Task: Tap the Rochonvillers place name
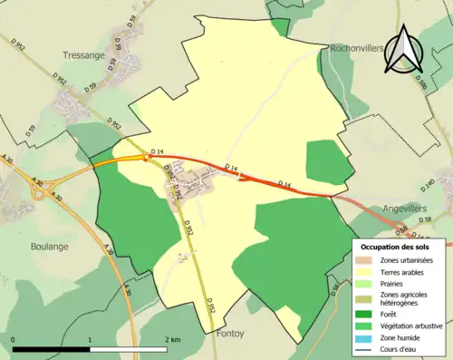pyautogui.click(x=359, y=48)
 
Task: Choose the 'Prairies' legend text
pyautogui.click(x=395, y=284)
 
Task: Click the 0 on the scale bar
pyautogui.click(x=14, y=339)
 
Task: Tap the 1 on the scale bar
pyautogui.click(x=90, y=339)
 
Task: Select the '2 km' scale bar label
pyautogui.click(x=173, y=339)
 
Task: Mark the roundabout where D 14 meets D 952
pyautogui.click(x=147, y=157)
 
